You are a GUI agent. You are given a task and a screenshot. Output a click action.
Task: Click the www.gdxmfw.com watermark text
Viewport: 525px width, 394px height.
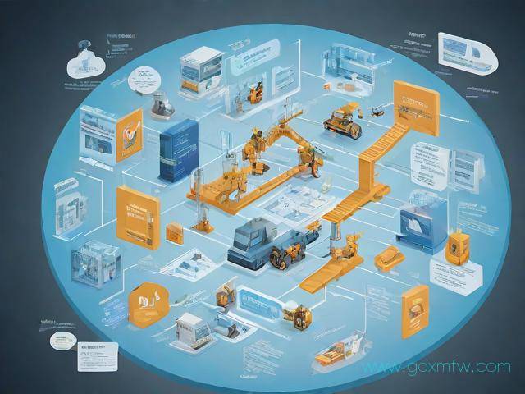[440, 367]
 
